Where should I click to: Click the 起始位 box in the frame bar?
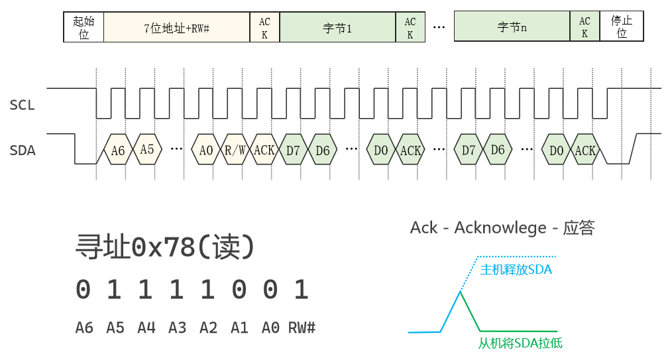pyautogui.click(x=84, y=27)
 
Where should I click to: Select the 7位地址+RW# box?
pyautogui.click(x=176, y=28)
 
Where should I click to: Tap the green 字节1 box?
pyautogui.click(x=337, y=28)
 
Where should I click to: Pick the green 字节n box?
pyautogui.click(x=512, y=28)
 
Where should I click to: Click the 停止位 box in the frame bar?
pyautogui.click(x=621, y=27)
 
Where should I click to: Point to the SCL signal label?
pyautogui.click(x=23, y=105)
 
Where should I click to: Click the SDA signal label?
pyautogui.click(x=23, y=150)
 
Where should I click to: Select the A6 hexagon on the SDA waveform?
pyautogui.click(x=118, y=150)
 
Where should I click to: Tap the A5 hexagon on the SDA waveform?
pyautogui.click(x=147, y=150)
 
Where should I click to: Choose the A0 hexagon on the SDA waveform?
pyautogui.click(x=206, y=150)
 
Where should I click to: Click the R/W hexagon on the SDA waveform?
pyautogui.click(x=235, y=150)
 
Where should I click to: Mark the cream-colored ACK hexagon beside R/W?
pyautogui.click(x=264, y=150)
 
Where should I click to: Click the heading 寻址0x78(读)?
pyautogui.click(x=166, y=248)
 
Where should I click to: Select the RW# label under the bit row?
pyautogui.click(x=302, y=328)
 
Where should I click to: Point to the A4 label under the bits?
pyautogui.click(x=146, y=328)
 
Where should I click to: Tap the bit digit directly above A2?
pyautogui.click(x=208, y=290)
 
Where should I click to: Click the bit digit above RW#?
pyautogui.click(x=302, y=290)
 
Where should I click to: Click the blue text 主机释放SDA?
pyautogui.click(x=516, y=270)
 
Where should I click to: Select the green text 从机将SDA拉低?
pyautogui.click(x=520, y=343)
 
